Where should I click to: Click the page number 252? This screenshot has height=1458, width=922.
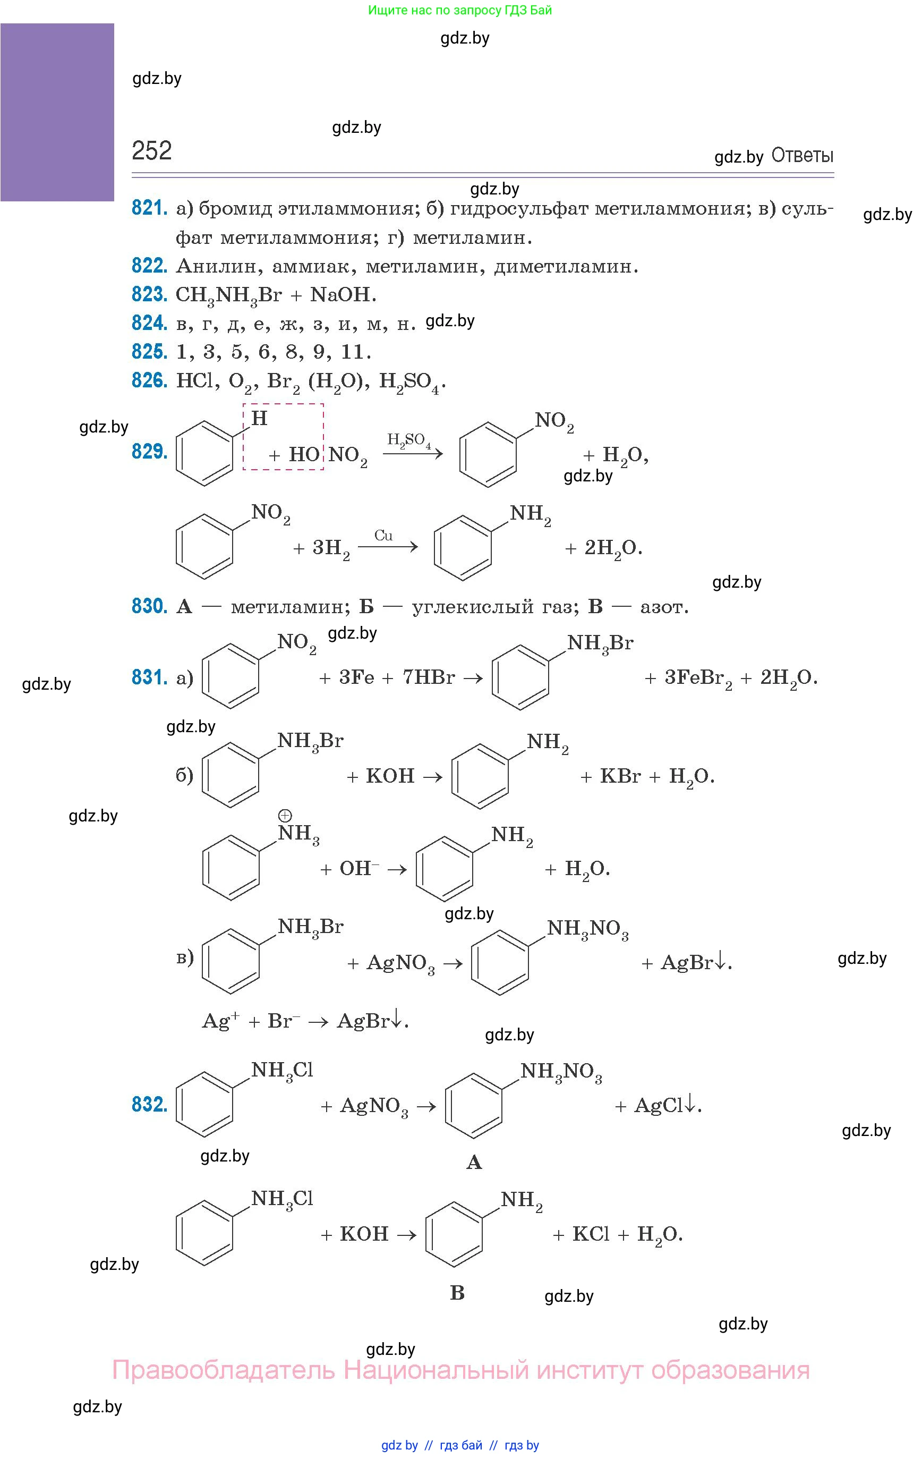151,150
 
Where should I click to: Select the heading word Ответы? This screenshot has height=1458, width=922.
802,156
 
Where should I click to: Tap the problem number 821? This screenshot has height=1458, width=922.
149,208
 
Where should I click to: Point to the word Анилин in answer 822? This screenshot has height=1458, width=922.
218,266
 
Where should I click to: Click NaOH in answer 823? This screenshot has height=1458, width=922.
342,295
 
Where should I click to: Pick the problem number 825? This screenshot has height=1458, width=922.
149,352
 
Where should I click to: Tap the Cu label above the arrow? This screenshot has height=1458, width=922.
383,535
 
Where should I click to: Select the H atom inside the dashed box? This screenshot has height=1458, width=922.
259,418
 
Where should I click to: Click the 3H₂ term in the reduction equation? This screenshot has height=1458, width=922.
330,548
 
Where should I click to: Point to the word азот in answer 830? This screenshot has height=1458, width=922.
663,607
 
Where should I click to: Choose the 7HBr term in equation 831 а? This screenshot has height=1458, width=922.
429,677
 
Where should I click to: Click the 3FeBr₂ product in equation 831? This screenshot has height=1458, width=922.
698,678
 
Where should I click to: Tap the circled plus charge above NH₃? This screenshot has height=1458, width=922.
285,816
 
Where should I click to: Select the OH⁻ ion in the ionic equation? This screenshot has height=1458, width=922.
358,868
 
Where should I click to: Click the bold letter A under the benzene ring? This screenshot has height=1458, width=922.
474,1162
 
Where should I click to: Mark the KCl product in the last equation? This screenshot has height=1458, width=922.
591,1234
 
